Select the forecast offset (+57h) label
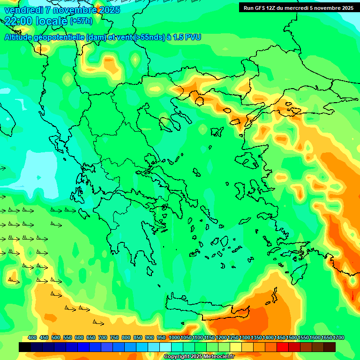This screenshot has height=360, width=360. [81, 21]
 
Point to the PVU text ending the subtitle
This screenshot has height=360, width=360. [192, 37]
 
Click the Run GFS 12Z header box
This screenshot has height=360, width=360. [299, 7]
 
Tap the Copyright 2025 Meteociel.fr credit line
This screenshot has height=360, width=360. [199, 357]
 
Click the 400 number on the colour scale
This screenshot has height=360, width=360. [32, 338]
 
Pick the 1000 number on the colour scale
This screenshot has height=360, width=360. [174, 338]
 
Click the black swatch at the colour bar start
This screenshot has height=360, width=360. [25, 347]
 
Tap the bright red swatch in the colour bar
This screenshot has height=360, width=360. [283, 347]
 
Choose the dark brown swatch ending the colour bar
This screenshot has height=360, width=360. [330, 347]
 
